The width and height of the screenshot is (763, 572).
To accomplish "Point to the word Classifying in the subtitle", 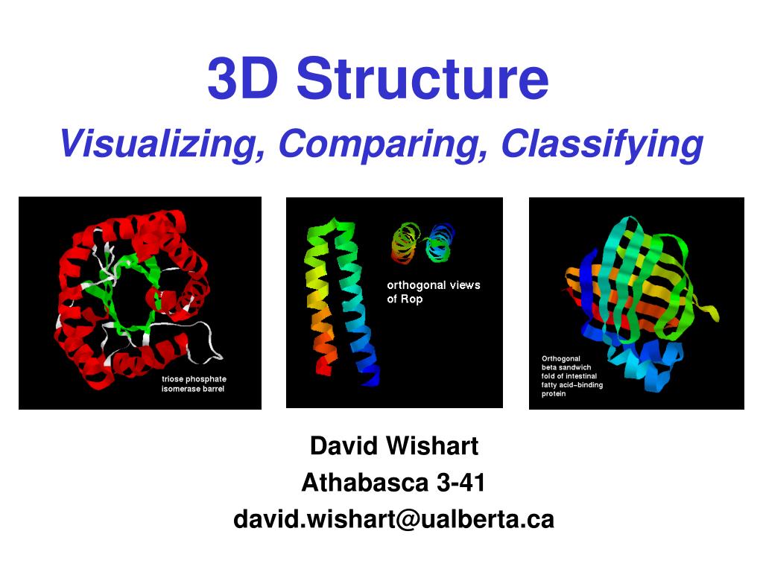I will coord(602,143).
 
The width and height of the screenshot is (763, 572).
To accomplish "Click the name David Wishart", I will coord(393,446).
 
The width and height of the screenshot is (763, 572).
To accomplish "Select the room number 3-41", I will coord(461,483).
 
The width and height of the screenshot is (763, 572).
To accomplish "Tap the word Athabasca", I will coord(364,483).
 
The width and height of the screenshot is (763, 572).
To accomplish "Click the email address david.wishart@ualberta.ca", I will coord(393,519).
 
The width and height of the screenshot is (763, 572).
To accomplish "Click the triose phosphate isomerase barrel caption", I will coord(194,384).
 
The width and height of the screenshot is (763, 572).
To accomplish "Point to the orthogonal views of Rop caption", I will coord(433,291).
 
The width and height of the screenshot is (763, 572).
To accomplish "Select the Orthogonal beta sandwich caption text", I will coord(572,376).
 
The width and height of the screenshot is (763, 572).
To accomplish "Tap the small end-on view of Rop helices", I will coord(421,243).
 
